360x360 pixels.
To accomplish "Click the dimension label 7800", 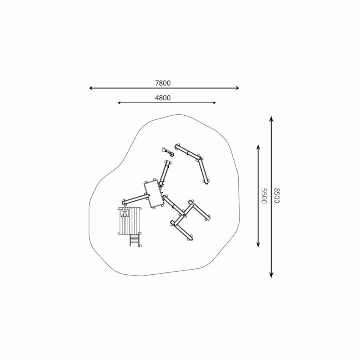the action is point(163,83).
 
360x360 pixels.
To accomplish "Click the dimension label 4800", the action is point(163,98).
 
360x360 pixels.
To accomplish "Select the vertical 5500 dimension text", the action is point(264,196).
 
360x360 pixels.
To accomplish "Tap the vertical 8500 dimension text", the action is point(277,196).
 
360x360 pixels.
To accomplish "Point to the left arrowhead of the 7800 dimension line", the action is point(91,88).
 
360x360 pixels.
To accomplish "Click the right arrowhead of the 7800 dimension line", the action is point(237,88).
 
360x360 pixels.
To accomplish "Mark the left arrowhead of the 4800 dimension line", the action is point(119,103).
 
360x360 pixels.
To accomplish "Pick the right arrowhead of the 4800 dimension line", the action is point(214,103).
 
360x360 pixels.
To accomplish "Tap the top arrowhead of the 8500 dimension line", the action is point(271,118).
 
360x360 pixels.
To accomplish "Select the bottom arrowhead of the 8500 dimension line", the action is point(271,276).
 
